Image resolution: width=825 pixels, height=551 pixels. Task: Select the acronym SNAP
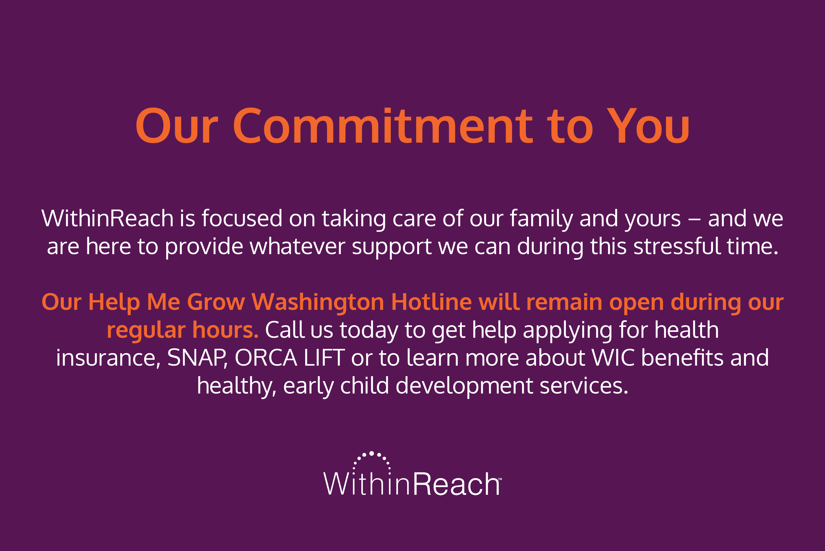point(197,358)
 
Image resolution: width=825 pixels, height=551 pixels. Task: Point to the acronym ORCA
point(266,358)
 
